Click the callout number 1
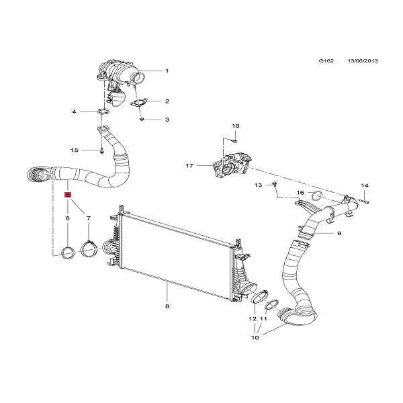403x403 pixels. [167, 71]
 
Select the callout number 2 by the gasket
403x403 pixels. [167, 101]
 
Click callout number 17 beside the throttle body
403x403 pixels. [189, 165]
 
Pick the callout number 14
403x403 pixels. [365, 185]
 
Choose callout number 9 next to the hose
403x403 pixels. [339, 233]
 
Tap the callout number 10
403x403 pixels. [255, 337]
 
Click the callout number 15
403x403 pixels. [75, 150]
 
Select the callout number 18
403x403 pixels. [235, 126]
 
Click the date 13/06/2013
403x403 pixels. [363, 61]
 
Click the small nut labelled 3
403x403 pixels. [143, 120]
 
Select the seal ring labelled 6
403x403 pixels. [68, 253]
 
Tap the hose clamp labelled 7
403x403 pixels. [89, 250]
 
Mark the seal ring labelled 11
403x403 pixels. [271, 308]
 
